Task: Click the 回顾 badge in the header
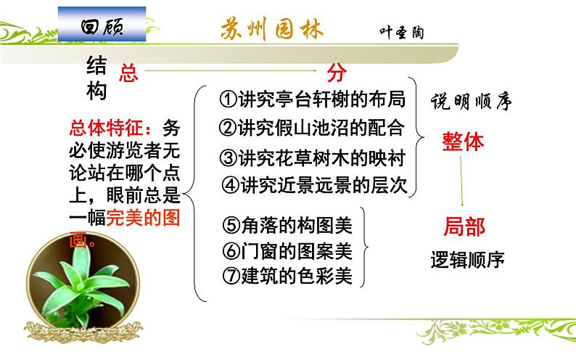[x=103, y=27]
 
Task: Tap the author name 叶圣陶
[x=400, y=33]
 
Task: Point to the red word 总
[x=128, y=72]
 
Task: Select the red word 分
[x=334, y=72]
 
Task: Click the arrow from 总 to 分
[x=232, y=71]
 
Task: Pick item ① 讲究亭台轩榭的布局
[x=312, y=99]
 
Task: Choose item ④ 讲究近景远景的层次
[x=313, y=184]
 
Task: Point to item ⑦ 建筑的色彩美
[x=286, y=277]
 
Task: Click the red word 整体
[x=463, y=142]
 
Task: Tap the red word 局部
[x=464, y=227]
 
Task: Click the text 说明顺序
[x=472, y=100]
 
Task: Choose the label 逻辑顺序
[x=467, y=259]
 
